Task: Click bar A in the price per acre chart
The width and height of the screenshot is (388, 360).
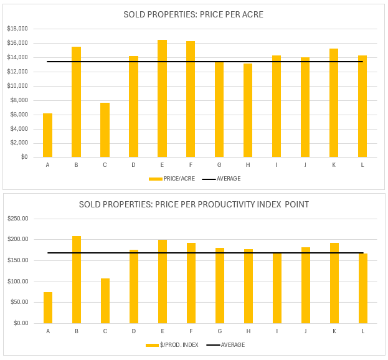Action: click(x=47, y=135)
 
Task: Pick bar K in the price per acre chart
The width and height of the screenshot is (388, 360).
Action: click(x=334, y=103)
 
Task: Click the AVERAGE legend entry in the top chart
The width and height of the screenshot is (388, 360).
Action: click(x=228, y=179)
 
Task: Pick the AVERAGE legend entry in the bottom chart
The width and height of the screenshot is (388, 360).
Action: click(x=232, y=345)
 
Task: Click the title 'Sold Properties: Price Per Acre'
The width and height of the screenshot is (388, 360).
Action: click(x=193, y=15)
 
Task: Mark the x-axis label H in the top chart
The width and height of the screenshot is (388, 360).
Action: click(x=248, y=165)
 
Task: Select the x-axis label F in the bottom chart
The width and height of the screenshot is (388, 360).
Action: click(x=191, y=331)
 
